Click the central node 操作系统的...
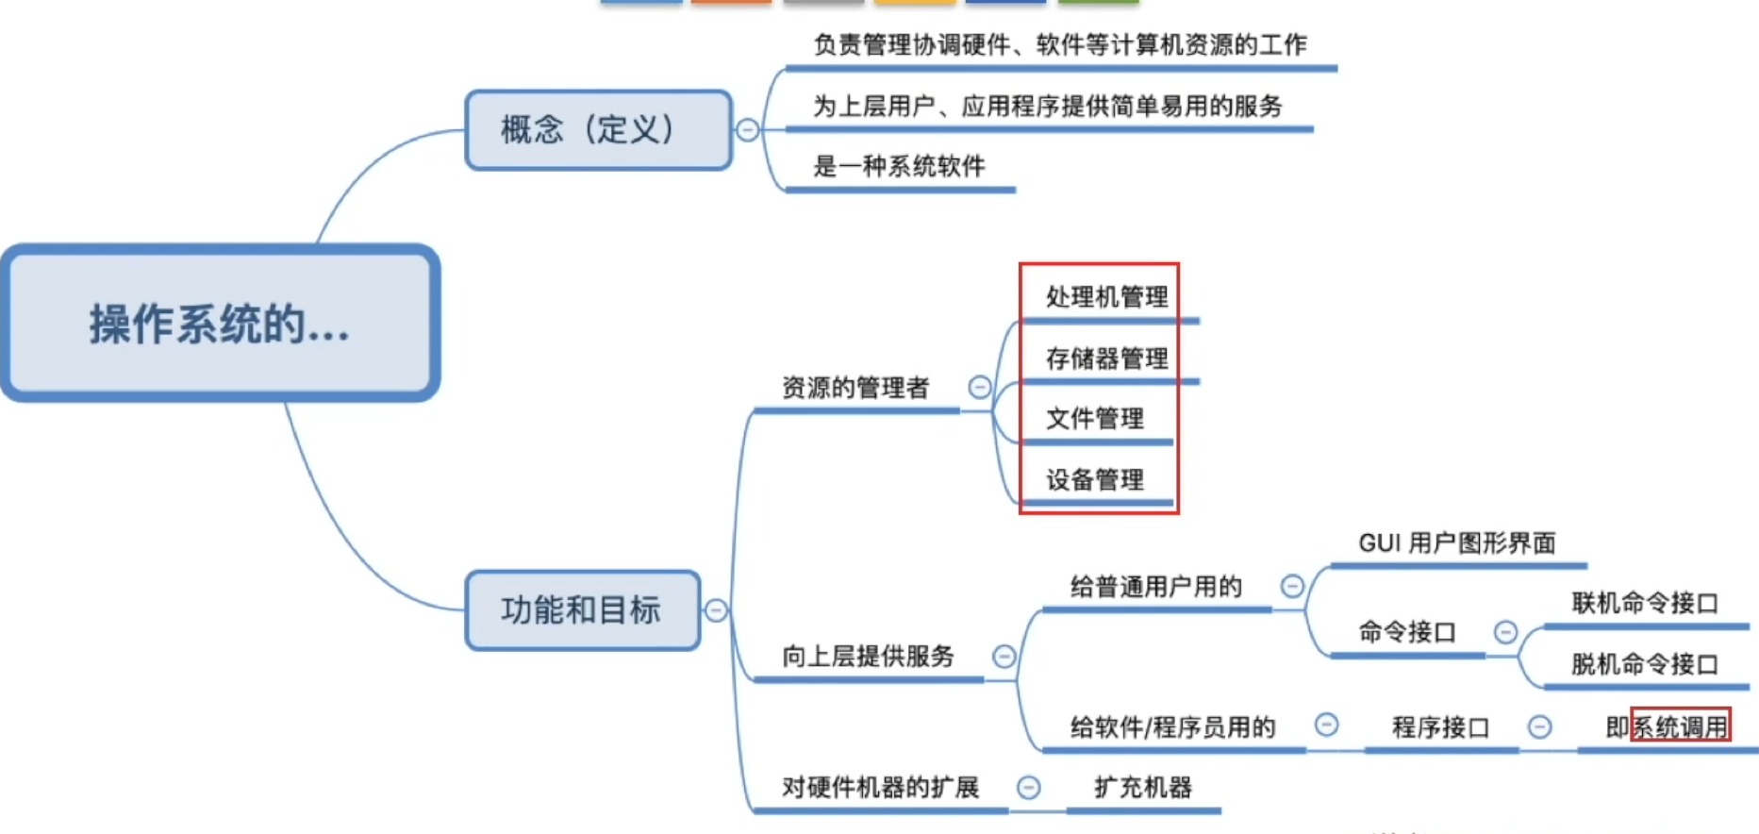click(x=221, y=323)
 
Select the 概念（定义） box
click(x=598, y=130)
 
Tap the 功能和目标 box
click(x=583, y=610)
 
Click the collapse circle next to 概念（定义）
click(x=748, y=130)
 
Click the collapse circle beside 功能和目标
click(x=716, y=610)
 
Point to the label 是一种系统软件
click(x=899, y=167)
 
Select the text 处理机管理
click(x=1107, y=297)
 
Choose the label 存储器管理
click(x=1107, y=359)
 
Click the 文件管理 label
click(x=1095, y=419)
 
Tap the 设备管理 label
click(x=1095, y=480)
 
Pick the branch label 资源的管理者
click(x=855, y=388)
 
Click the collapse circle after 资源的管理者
click(x=980, y=387)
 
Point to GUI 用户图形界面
click(x=1457, y=543)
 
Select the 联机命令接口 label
click(x=1645, y=603)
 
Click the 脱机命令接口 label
click(x=1645, y=664)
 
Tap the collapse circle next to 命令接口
click(x=1506, y=631)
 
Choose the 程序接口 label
click(x=1441, y=727)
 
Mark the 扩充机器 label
click(x=1143, y=788)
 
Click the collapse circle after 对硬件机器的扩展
click(x=1029, y=787)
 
